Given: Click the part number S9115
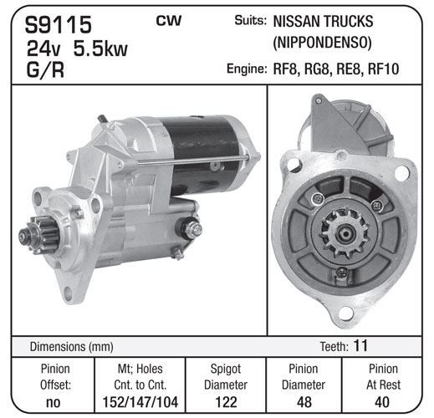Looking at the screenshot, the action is pos(59,24).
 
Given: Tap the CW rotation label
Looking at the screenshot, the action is pos(169,21).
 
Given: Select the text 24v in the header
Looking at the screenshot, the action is pos(43,48).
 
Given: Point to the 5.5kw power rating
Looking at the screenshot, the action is pos(100,48).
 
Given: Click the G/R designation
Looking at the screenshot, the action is pos(45,69).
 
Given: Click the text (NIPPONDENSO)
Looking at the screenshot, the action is pos(322,43).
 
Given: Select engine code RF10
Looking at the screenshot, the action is pos(384,69).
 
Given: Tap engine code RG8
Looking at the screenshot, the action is pos(317,69).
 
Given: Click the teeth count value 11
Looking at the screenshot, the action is pos(360,345).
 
